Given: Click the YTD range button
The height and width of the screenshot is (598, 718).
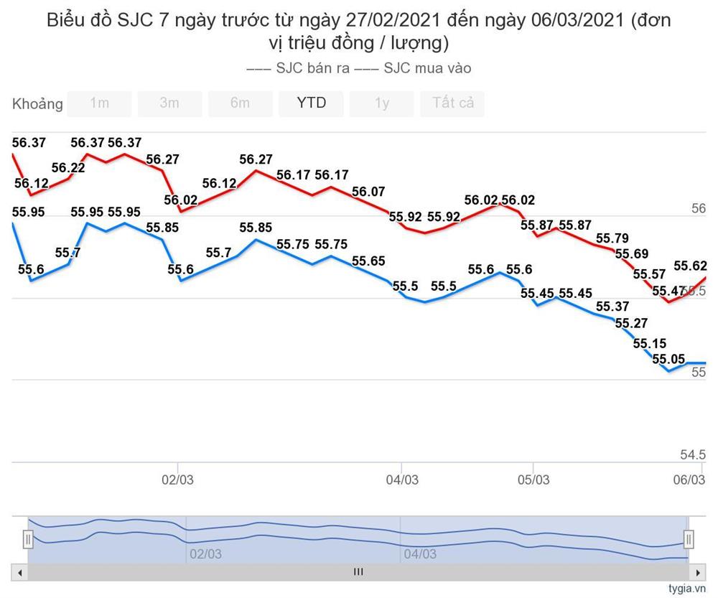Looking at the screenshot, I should pyautogui.click(x=311, y=103).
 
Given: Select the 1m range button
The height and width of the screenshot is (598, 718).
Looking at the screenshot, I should pyautogui.click(x=99, y=103).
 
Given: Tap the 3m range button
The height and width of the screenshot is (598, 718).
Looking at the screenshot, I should pyautogui.click(x=169, y=103).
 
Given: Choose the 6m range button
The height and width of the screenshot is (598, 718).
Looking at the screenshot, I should pyautogui.click(x=240, y=103).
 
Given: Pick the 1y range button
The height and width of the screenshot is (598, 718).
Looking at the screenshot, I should pyautogui.click(x=381, y=103).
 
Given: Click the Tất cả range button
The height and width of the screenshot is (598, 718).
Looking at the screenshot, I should pyautogui.click(x=452, y=103).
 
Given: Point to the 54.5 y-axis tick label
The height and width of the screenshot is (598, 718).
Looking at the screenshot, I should pyautogui.click(x=692, y=454).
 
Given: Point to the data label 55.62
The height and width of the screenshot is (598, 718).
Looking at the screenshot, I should pyautogui.click(x=690, y=266).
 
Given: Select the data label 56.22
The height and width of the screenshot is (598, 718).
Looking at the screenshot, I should pyautogui.click(x=68, y=168).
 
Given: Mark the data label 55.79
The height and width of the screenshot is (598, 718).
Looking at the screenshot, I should pyautogui.click(x=612, y=238).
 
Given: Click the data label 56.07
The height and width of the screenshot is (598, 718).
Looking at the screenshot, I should pyautogui.click(x=368, y=192).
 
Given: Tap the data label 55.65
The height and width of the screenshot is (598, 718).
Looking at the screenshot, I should pyautogui.click(x=368, y=261).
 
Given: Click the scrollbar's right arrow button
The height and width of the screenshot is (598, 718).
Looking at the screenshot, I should pyautogui.click(x=697, y=572).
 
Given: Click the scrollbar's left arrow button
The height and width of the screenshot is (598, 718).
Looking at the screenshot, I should pyautogui.click(x=20, y=572).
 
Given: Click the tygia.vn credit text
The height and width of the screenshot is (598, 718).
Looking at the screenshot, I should pyautogui.click(x=687, y=589).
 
